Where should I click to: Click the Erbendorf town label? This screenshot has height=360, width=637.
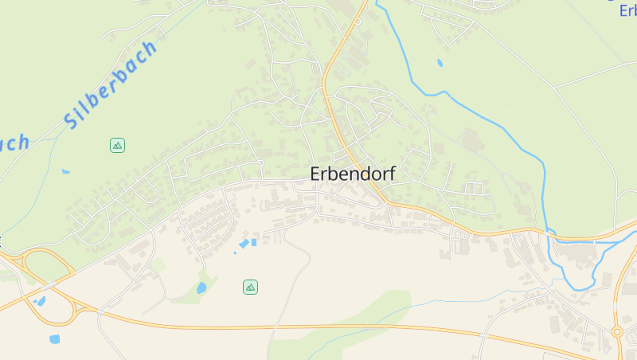point(353,174)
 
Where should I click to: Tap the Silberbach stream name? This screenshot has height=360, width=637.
point(111,85)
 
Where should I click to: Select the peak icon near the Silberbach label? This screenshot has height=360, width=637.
point(117,145)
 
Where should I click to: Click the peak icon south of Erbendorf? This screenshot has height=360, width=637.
point(250,287)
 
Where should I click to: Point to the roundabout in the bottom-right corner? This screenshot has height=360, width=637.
point(617,331)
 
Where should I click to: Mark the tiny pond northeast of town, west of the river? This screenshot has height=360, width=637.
point(440,62)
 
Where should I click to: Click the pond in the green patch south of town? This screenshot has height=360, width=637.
point(201,288)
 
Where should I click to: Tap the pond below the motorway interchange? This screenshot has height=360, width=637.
point(54,338)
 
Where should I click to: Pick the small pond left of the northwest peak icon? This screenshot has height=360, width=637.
point(65,170)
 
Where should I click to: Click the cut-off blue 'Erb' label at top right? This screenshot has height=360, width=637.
point(627,11)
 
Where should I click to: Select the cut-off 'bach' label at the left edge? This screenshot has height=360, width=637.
point(14,143)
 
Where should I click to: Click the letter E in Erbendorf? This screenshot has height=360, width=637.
point(316,174)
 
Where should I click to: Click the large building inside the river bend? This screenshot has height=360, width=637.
point(577,252)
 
